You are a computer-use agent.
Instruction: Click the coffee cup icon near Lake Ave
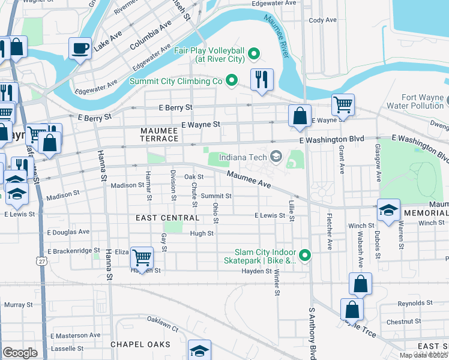80,48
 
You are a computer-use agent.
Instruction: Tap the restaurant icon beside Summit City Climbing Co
261,79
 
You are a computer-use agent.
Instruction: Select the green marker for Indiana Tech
276,157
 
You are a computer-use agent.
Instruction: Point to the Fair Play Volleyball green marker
254,55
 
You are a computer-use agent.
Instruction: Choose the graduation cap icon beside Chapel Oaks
200,350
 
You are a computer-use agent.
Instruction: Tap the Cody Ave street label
322,20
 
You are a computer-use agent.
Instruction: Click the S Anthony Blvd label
312,333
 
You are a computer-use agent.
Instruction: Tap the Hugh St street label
202,233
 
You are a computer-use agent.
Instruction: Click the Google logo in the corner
20,353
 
